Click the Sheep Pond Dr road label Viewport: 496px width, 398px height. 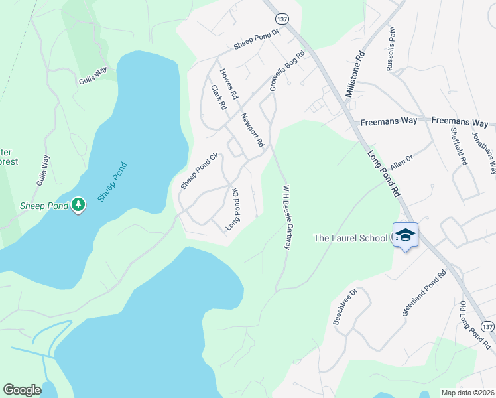tap(257, 42)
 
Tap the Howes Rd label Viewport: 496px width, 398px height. tap(229, 84)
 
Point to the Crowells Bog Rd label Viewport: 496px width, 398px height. tap(286, 70)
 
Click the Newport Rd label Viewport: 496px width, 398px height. tap(253, 130)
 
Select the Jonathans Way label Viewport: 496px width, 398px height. tap(484, 152)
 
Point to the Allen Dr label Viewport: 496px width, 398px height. tap(402, 162)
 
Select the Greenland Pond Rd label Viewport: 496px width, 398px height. tap(425, 293)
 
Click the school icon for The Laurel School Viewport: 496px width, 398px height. tap(405, 235)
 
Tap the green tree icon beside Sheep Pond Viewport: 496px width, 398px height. tap(79, 205)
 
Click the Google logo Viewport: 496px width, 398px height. tap(22, 390)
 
